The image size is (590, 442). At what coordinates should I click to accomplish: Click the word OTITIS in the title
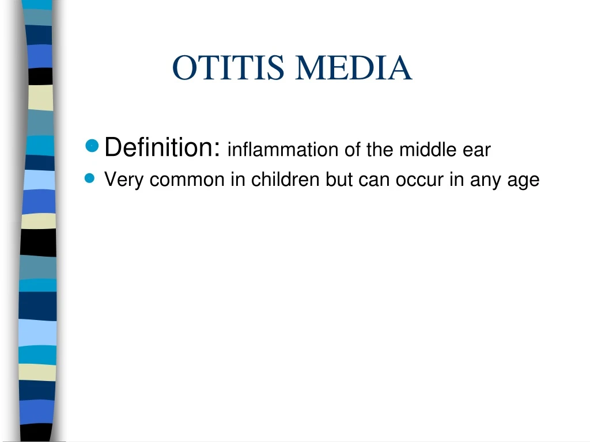(x=228, y=68)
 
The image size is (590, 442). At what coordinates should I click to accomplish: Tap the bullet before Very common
(x=89, y=178)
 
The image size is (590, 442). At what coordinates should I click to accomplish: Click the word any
(x=486, y=181)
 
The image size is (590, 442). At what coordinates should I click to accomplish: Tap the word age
(x=524, y=181)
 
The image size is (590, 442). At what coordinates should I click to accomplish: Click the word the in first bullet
(x=380, y=150)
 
